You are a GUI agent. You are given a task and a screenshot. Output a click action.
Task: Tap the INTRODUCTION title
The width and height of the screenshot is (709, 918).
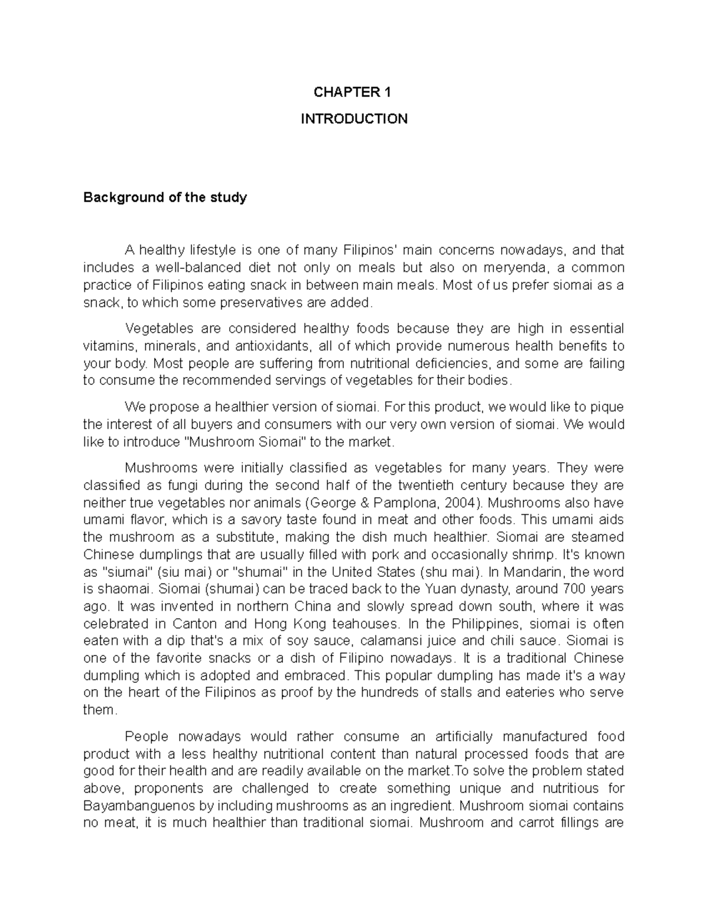pos(354,119)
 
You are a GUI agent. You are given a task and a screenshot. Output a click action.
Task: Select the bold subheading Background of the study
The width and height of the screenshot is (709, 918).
pos(165,197)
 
